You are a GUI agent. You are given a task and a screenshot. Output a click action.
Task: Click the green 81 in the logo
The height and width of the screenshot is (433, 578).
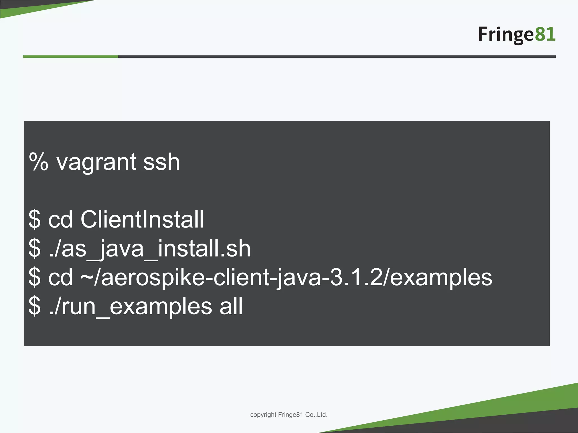(545, 34)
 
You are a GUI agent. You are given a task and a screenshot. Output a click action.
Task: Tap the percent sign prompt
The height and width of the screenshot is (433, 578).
(39, 162)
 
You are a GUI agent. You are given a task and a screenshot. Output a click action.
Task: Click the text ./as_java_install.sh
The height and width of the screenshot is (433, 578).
(150, 249)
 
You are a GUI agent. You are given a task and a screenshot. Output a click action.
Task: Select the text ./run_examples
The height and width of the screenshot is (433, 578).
(130, 306)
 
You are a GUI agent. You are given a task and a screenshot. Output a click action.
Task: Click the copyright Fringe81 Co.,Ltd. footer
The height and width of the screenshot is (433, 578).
(289, 415)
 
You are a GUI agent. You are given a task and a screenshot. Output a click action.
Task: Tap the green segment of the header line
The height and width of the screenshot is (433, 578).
(70, 57)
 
